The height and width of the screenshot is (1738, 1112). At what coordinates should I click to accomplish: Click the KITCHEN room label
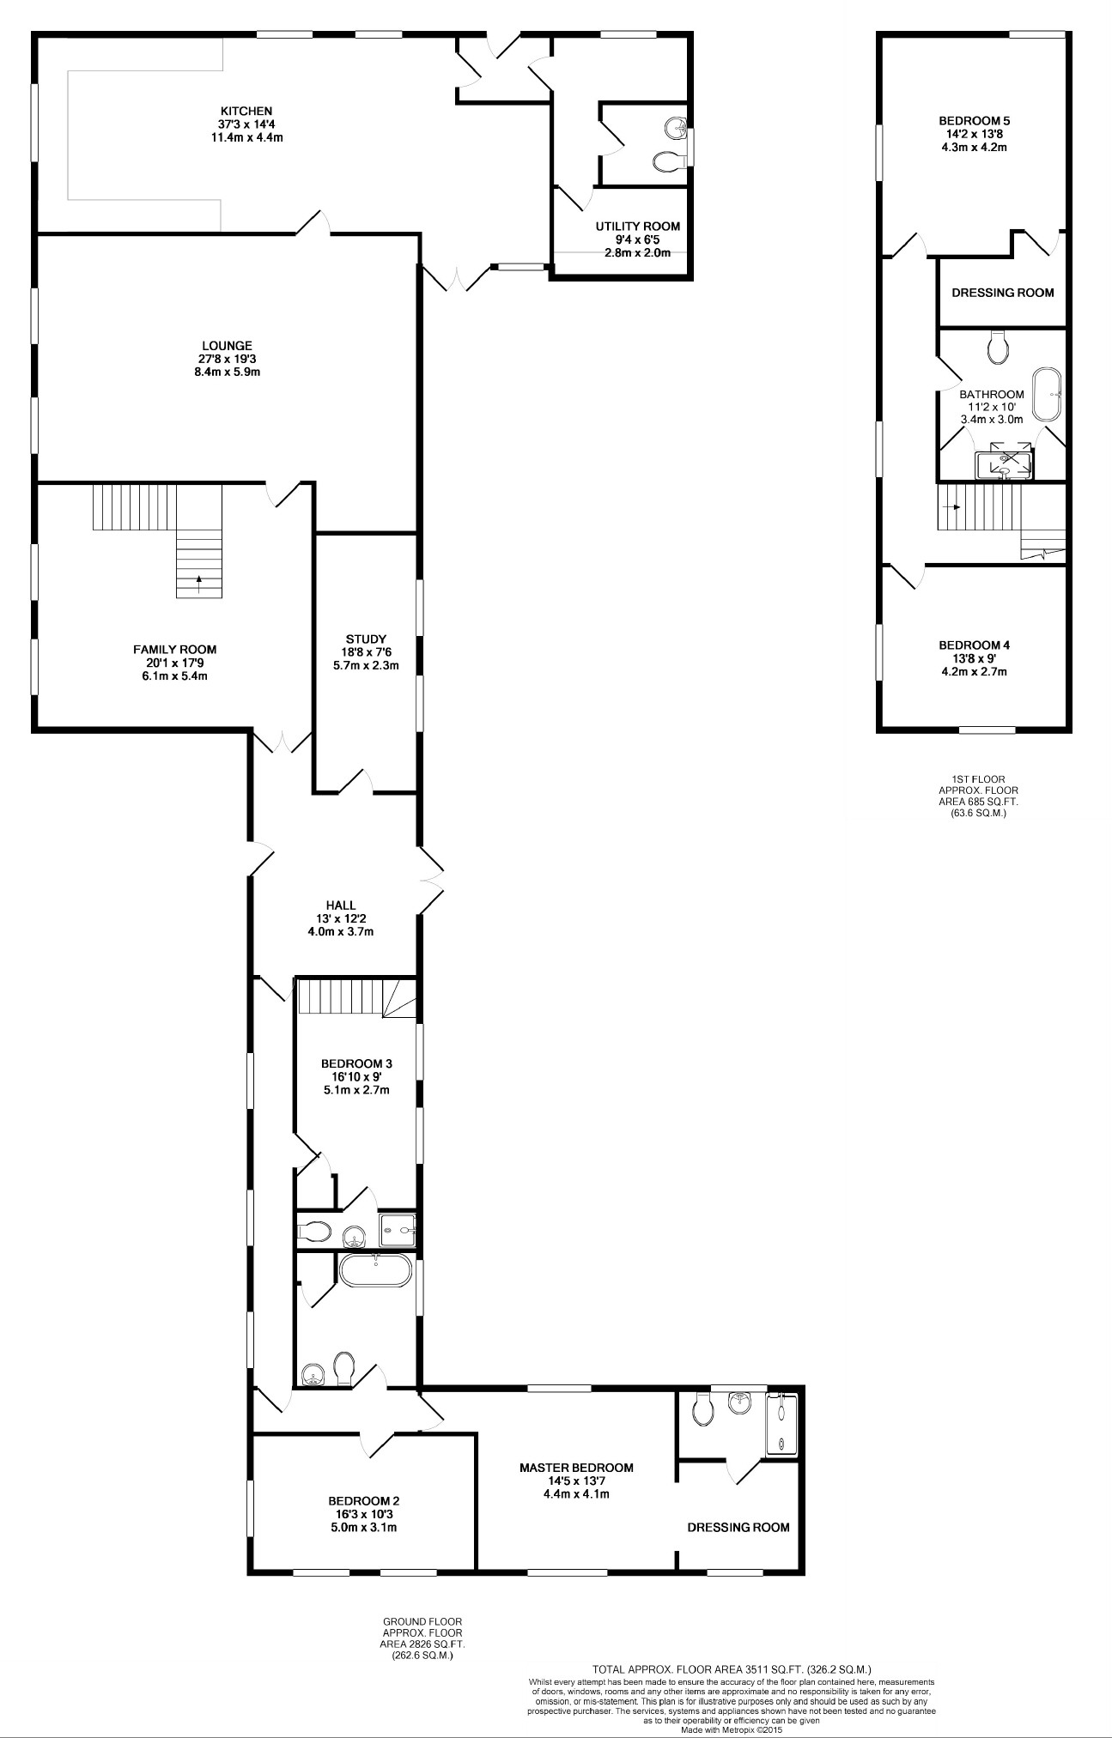point(246,111)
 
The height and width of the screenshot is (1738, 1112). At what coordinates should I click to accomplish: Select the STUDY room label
point(366,639)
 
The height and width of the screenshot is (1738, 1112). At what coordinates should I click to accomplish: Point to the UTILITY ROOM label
point(638,227)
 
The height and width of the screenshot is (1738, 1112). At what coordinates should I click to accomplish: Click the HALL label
point(341,905)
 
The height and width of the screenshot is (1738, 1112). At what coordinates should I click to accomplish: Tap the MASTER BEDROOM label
point(576,1467)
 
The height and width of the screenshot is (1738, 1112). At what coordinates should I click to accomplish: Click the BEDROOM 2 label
point(364,1501)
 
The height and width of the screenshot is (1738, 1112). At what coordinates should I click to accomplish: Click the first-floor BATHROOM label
point(992,395)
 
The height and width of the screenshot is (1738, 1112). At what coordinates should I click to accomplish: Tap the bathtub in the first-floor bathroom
point(1047,395)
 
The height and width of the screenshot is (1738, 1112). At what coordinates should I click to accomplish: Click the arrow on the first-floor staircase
point(951,506)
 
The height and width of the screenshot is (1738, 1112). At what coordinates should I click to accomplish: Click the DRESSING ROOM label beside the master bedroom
point(738,1527)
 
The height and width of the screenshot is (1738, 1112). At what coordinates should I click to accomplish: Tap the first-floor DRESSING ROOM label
point(1002,293)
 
